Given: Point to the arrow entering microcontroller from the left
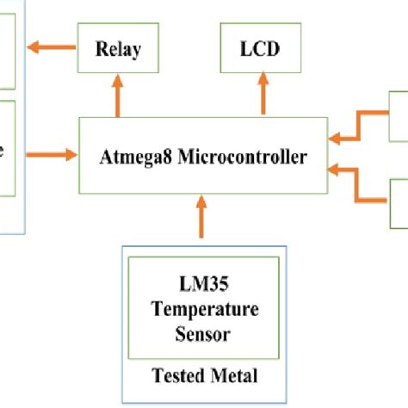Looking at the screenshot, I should click(53, 156).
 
